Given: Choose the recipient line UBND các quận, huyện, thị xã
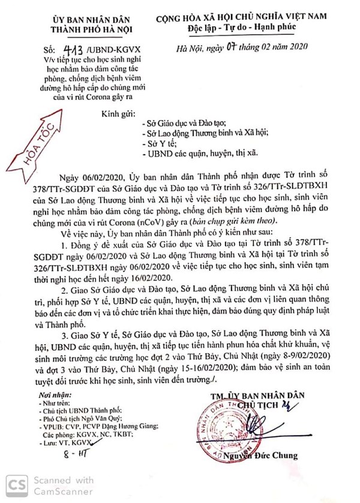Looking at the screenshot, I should pos(201,155).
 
